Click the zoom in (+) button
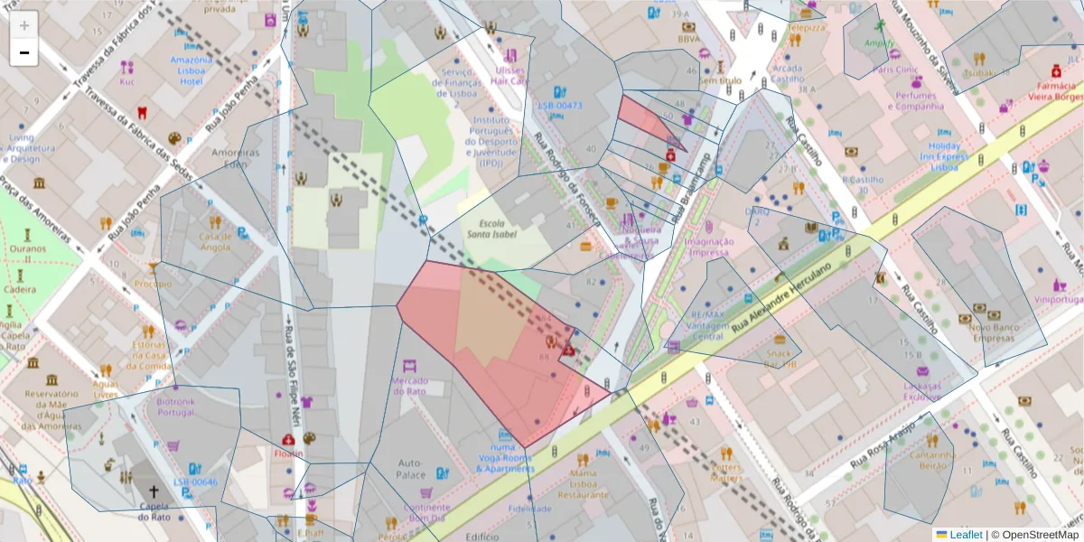click(24, 24)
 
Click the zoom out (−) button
click(24, 52)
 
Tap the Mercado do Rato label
click(408, 386)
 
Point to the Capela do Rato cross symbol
click(154, 493)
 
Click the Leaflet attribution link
click(965, 534)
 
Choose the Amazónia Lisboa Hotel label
click(191, 70)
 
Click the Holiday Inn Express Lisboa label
click(944, 156)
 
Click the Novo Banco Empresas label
click(995, 332)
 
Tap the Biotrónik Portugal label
click(175, 406)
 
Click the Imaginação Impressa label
click(708, 247)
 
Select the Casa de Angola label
click(215, 241)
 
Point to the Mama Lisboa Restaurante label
click(583, 483)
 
